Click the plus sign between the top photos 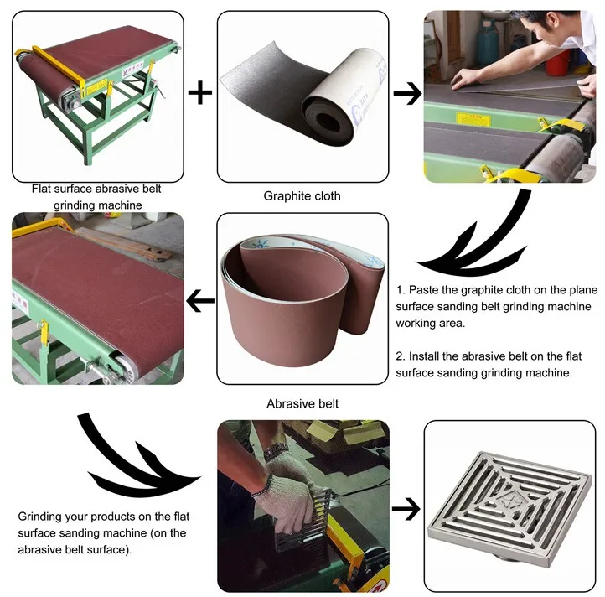click(199, 92)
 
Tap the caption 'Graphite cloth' click(302, 196)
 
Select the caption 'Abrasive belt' click(302, 403)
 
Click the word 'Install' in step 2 click(426, 356)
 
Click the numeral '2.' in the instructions click(401, 356)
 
